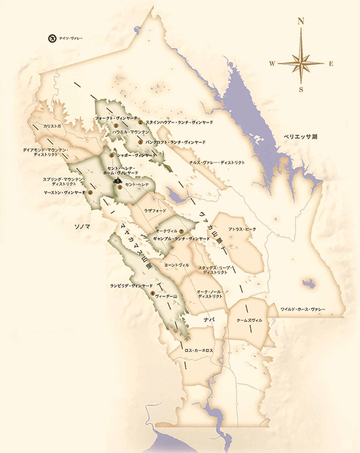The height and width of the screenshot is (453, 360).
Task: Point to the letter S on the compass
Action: coord(301,89)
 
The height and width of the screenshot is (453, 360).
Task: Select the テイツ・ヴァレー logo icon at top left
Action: coord(51,38)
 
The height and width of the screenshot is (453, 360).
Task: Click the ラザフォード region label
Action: coord(155,210)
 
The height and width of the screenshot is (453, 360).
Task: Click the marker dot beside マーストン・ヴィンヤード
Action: coord(90,192)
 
